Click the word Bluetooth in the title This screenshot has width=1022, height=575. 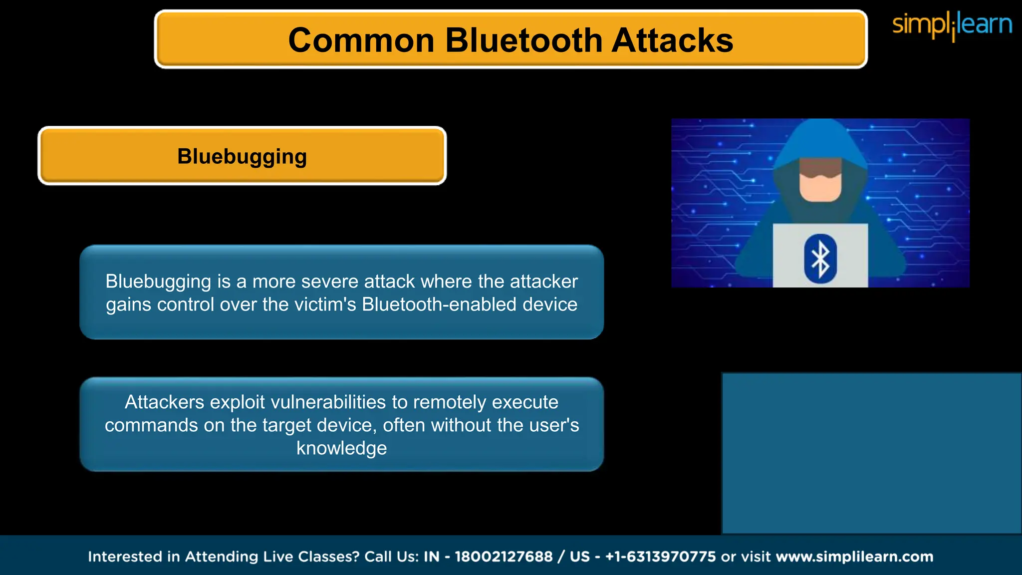[523, 40]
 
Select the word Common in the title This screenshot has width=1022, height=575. [361, 40]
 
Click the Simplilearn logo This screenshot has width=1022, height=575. [952, 25]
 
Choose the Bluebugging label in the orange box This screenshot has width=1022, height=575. [242, 156]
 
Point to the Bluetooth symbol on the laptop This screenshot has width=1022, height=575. [820, 259]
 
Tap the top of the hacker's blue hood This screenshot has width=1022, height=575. [821, 132]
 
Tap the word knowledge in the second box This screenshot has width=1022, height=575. [341, 448]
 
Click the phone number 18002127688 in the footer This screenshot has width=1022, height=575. [504, 557]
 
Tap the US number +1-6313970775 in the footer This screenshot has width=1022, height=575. [660, 557]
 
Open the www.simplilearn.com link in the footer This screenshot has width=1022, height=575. [854, 557]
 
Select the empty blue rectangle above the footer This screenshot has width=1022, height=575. [871, 453]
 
